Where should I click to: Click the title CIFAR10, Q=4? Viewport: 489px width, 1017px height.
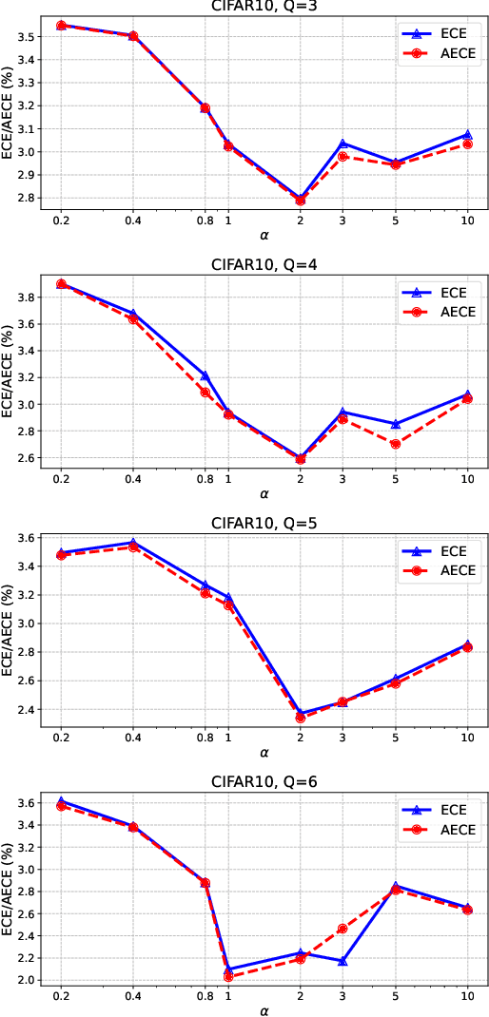pos(264,265)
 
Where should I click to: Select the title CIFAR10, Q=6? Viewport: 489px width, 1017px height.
pos(264,782)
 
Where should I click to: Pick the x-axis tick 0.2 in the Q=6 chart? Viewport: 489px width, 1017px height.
pos(61,994)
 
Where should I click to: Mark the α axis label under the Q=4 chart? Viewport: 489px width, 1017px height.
pos(264,493)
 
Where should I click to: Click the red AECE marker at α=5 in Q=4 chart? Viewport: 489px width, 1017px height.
pos(396,444)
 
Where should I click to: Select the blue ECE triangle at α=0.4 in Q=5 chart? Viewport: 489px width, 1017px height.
pos(133,543)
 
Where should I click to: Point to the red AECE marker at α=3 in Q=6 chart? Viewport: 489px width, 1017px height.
pos(342,929)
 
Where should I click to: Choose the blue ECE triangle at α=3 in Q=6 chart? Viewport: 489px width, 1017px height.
pos(342,961)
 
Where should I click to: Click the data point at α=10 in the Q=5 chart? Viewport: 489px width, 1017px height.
pos(467,646)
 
